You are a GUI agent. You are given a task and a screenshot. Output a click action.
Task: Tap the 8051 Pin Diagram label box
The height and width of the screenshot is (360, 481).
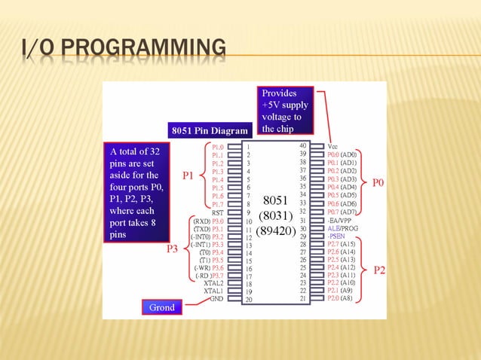(x=208, y=130)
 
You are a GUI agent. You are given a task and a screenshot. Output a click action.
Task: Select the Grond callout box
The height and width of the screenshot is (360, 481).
(x=163, y=307)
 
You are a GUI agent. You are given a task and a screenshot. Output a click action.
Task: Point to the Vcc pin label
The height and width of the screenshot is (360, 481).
(x=333, y=146)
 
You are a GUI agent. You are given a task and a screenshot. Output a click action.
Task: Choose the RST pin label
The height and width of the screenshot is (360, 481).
(x=217, y=213)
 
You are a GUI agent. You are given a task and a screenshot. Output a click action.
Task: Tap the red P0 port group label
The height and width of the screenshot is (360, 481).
(x=379, y=183)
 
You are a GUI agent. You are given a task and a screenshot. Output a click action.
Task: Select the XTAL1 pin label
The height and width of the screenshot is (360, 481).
(x=215, y=291)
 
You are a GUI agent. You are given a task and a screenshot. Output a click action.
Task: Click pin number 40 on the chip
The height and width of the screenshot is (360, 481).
(x=303, y=145)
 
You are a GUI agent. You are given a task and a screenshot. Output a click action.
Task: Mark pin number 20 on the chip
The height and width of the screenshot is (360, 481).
(x=248, y=300)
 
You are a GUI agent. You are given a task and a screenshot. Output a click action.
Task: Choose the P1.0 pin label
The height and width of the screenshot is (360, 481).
(x=217, y=147)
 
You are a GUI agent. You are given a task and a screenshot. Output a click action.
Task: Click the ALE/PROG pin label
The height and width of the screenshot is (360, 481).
(x=344, y=227)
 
